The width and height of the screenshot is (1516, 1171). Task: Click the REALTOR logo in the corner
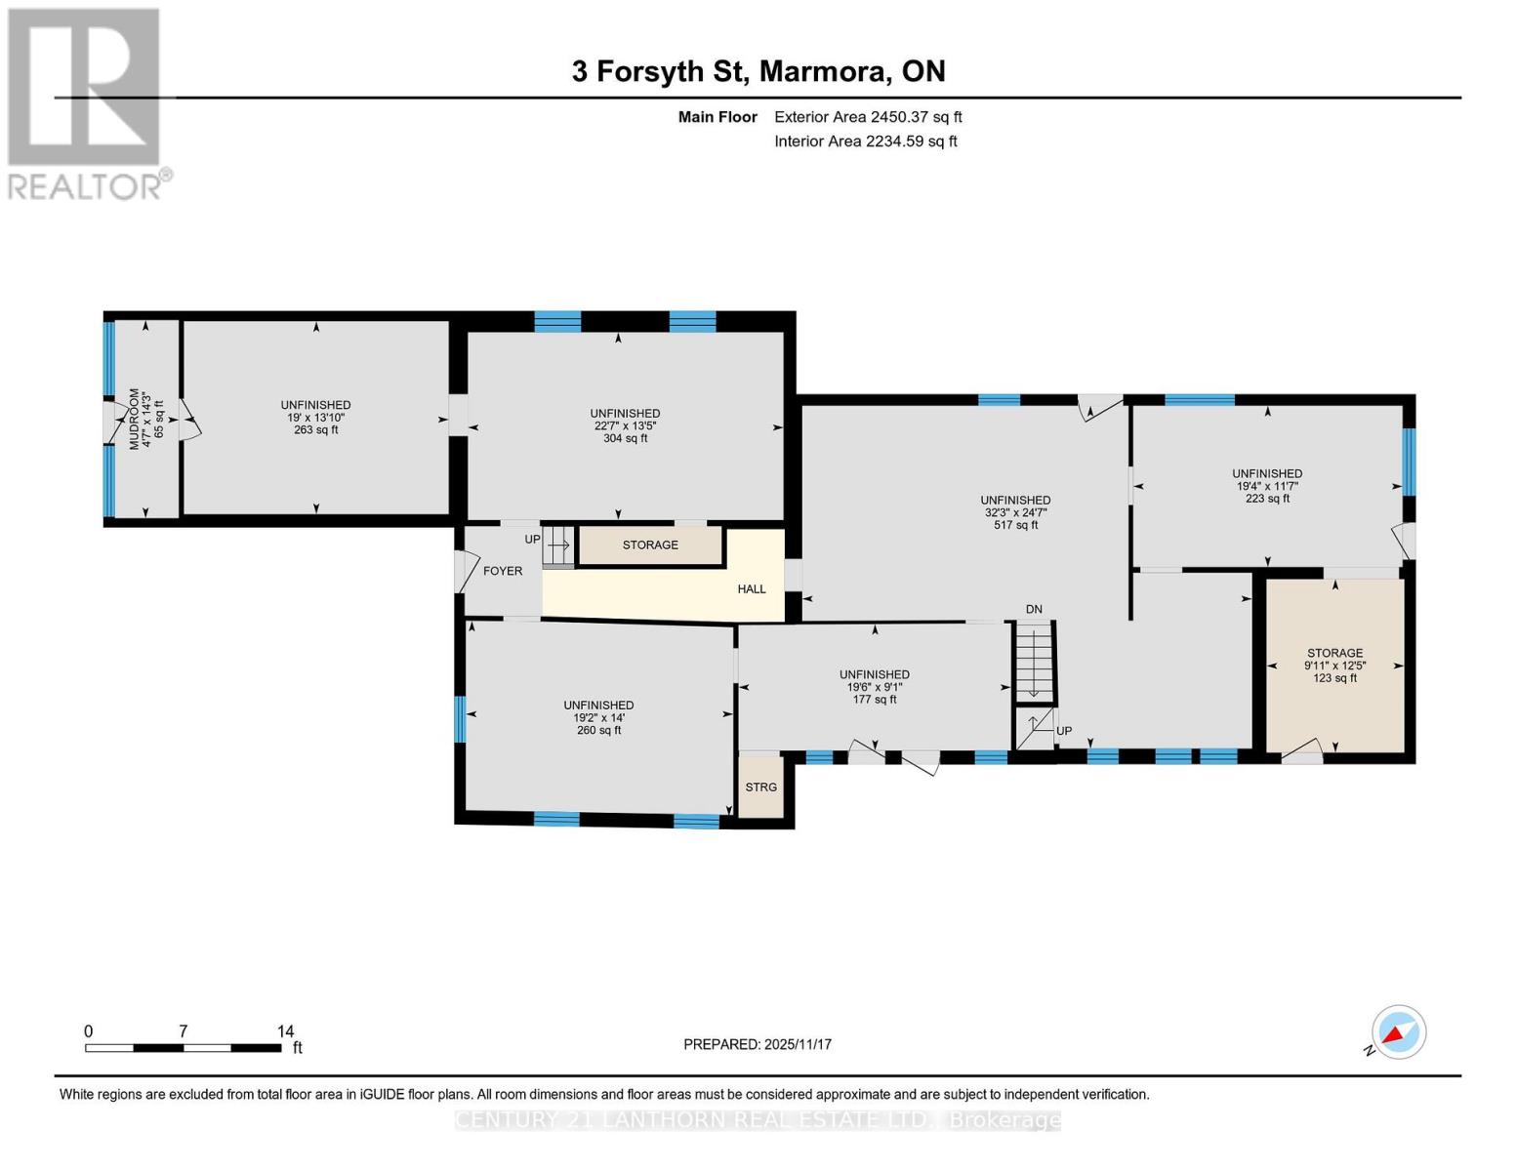[86, 102]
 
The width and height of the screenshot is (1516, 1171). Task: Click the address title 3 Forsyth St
[758, 71]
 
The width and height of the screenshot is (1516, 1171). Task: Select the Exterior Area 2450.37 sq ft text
[868, 117]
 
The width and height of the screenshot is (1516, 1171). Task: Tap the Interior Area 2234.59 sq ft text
[865, 141]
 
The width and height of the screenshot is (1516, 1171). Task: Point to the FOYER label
[503, 571]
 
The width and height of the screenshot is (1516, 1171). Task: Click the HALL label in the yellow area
[752, 589]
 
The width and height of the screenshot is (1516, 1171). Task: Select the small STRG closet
[761, 787]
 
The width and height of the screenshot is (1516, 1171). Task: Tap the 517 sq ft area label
[1016, 525]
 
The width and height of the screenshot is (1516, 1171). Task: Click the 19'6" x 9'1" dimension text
[875, 687]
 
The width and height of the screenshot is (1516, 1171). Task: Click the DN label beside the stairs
[1034, 609]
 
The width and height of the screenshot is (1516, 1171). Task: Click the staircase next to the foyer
[558, 545]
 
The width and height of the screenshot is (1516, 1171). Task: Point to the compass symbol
[1398, 1032]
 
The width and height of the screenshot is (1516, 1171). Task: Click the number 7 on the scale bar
[183, 1031]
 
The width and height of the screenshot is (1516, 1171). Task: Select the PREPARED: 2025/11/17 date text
[758, 1044]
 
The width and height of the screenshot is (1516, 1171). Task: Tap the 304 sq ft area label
[625, 438]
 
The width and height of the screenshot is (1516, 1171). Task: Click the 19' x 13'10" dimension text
[315, 418]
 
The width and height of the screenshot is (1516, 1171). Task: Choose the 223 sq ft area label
[1267, 499]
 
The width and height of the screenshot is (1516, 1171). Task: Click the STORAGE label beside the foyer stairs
[650, 545]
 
